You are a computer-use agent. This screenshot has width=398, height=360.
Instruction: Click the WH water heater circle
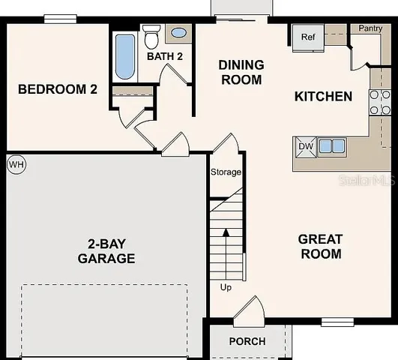click(15, 163)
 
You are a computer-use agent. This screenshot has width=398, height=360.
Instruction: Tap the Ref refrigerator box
click(308, 37)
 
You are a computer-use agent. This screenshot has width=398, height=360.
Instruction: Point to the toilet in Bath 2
click(151, 36)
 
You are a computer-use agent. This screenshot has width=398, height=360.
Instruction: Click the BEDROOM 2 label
click(58, 89)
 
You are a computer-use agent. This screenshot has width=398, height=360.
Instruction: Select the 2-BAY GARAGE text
click(106, 251)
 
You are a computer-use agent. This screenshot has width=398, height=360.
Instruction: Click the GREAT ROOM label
click(320, 247)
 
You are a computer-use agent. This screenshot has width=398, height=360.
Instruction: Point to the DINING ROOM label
click(241, 72)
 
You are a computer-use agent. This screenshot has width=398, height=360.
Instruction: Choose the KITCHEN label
click(323, 97)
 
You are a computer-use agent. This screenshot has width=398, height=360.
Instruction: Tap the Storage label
click(226, 172)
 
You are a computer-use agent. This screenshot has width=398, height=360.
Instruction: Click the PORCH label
click(247, 341)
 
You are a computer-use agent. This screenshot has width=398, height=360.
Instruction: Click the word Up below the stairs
click(226, 287)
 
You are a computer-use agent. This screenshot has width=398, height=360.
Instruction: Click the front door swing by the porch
click(249, 311)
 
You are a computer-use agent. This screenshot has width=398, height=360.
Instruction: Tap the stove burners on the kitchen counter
click(380, 103)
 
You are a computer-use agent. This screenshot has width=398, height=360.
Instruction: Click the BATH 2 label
click(165, 56)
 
